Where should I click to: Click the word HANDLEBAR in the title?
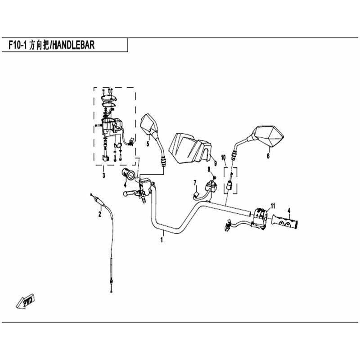point(73,45)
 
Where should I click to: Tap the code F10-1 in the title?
point(18,45)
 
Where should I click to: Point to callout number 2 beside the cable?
point(99,214)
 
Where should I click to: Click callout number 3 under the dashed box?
point(104,175)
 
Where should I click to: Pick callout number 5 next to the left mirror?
point(148,144)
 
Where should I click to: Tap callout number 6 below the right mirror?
point(268,156)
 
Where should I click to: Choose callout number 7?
point(195,183)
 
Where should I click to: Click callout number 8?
point(209,170)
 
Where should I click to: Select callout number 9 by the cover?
point(216,163)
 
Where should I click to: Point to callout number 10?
point(223,157)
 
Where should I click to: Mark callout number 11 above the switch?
point(273,206)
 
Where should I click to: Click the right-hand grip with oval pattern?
point(285,221)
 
